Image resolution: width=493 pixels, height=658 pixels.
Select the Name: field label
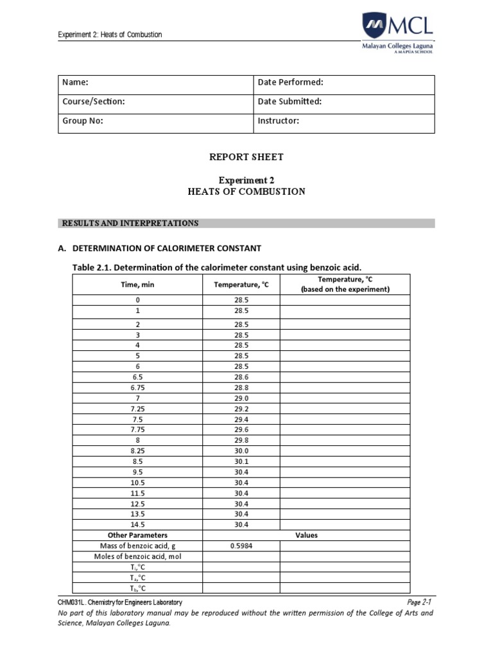[74, 83]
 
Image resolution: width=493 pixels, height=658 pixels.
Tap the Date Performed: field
[290, 83]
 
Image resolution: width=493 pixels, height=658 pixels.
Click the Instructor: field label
[278, 121]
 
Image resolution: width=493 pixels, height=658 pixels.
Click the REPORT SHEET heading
[246, 157]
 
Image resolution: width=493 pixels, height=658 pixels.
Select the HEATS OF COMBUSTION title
[246, 191]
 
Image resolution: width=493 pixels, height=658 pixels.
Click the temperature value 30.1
[241, 462]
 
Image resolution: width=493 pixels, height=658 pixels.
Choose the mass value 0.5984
[241, 546]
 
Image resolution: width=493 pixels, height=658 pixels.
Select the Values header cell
[306, 535]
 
